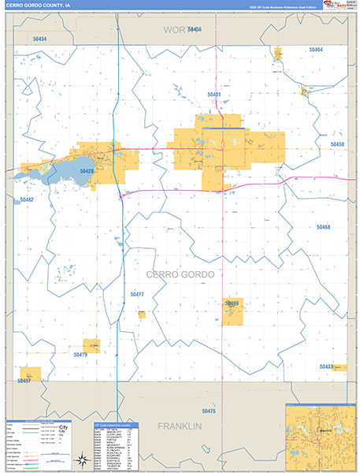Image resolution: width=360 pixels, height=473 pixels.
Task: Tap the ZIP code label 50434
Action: pos(40,39)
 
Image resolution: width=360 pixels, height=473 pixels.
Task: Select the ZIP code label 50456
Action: pos(194,29)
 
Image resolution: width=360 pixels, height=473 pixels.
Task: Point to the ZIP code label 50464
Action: pos(316,50)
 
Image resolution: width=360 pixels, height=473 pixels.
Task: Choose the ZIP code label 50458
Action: pos(337,144)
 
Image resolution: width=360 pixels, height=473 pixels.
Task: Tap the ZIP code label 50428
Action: pos(87,171)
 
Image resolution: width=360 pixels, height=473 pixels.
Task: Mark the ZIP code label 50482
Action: pos(27,200)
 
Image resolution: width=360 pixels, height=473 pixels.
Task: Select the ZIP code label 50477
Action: pos(137,294)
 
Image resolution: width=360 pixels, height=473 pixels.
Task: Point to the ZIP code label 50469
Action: pos(232,304)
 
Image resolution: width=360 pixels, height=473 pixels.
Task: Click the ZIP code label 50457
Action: pos(24,381)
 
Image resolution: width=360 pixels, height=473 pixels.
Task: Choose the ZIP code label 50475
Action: pos(209,411)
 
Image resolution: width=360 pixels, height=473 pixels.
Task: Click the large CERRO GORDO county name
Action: pos(180,274)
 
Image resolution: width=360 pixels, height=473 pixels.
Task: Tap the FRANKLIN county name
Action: pos(180,426)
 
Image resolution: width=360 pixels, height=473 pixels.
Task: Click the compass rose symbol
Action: pos(81,459)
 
